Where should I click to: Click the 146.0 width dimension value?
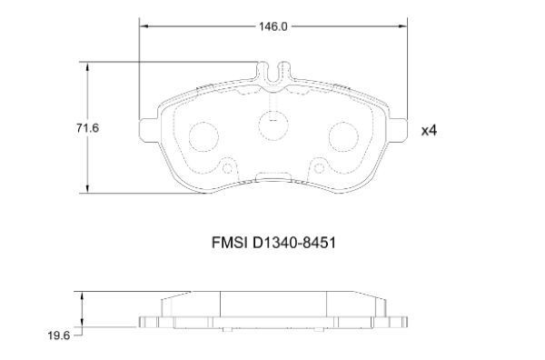click(273, 26)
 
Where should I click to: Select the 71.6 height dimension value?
click(87, 128)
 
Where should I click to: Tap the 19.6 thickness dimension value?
click(59, 335)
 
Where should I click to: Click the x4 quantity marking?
click(429, 131)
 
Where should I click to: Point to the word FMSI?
click(229, 243)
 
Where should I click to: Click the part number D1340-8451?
click(293, 243)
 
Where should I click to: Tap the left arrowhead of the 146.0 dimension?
click(144, 26)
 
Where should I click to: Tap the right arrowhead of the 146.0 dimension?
click(402, 26)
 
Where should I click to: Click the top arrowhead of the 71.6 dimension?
click(87, 66)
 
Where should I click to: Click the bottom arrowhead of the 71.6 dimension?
click(87, 188)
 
